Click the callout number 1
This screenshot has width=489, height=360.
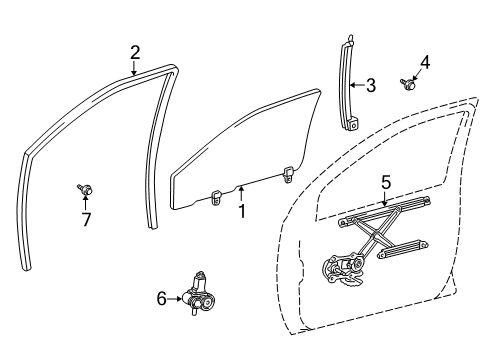coord(241,210)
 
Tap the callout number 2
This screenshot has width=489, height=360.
coord(134,51)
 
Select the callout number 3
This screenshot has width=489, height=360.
coord(371,87)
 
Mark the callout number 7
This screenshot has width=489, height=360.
coord(85,220)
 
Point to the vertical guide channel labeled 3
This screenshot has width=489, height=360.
coord(349,85)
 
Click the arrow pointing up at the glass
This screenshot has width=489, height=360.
coord(241,191)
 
